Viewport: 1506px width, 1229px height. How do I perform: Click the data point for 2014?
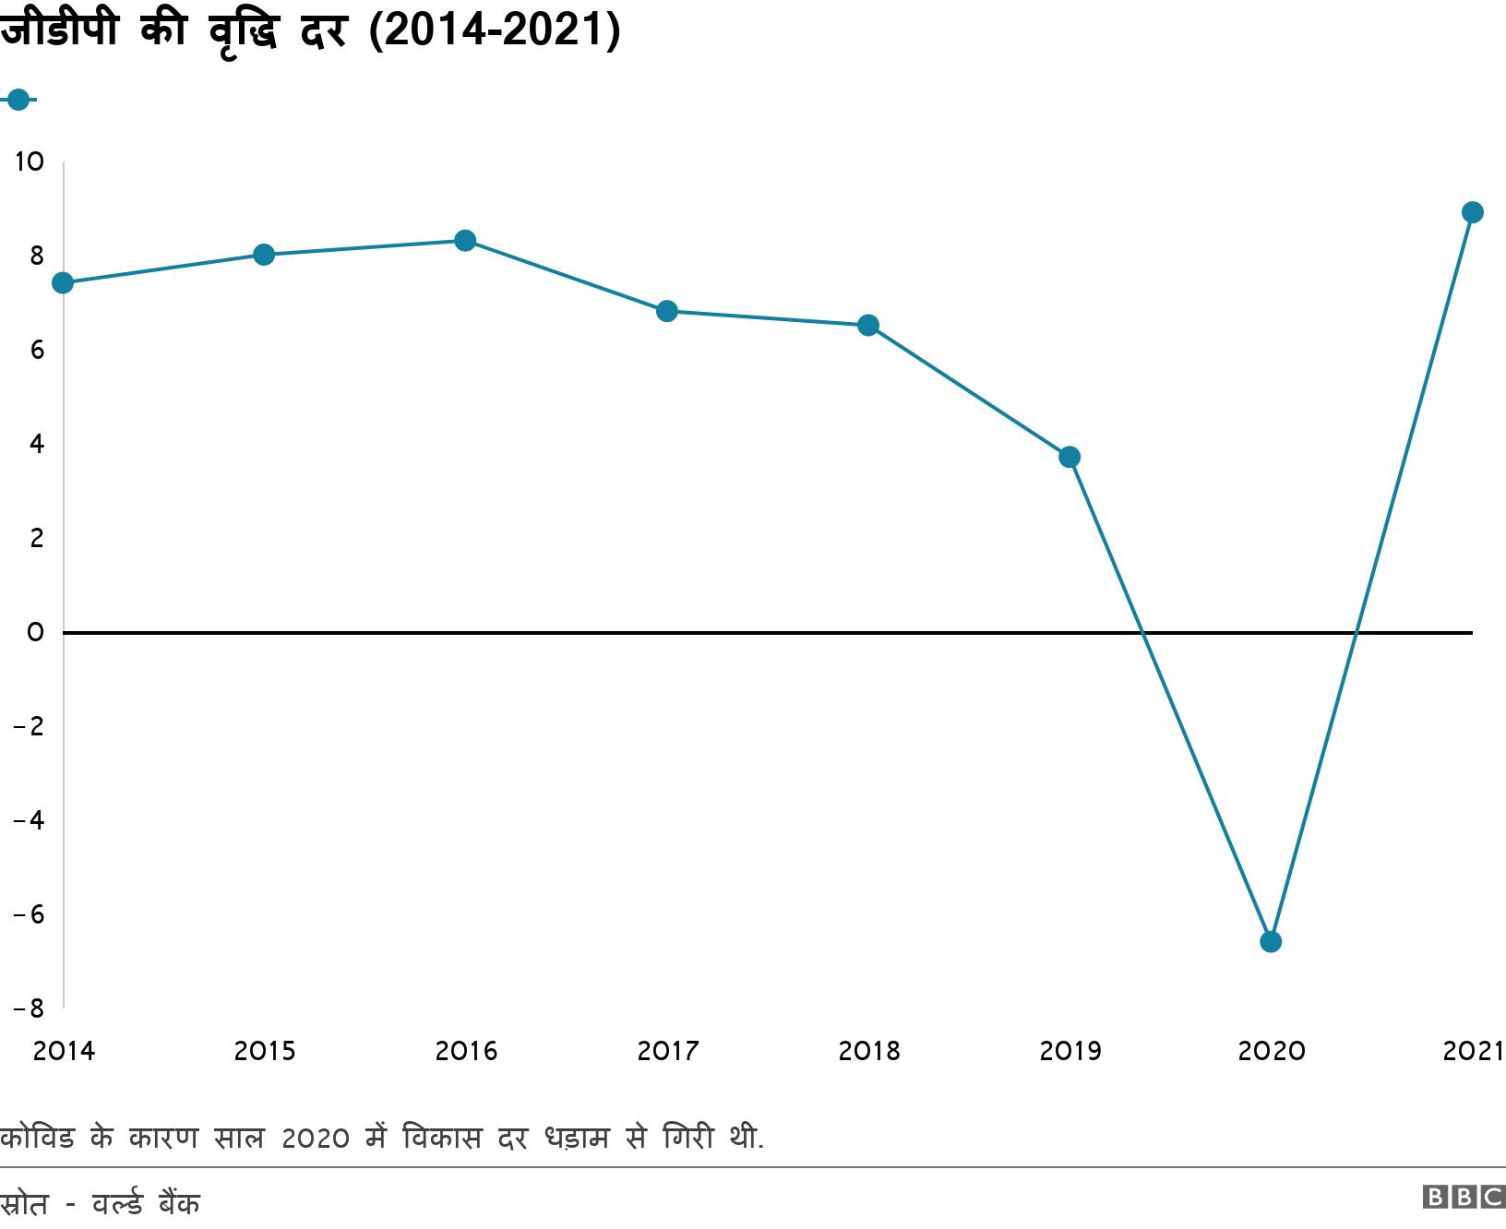[x=63, y=282]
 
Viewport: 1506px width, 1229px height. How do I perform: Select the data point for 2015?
[x=264, y=255]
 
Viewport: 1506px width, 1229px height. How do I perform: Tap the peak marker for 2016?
[x=465, y=241]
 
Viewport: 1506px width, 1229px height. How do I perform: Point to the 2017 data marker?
[x=666, y=311]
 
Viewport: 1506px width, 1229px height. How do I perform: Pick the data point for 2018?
[x=868, y=325]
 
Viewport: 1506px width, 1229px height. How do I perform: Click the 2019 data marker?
[x=1070, y=457]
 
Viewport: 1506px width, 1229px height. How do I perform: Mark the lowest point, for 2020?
[x=1271, y=941]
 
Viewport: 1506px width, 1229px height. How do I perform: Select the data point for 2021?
[x=1473, y=212]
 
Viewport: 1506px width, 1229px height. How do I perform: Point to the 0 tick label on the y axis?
[x=35, y=633]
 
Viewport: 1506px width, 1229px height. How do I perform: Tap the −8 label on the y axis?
[x=29, y=1008]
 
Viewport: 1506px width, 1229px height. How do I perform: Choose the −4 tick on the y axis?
[x=29, y=820]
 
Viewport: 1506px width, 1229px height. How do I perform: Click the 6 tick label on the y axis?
[x=36, y=351]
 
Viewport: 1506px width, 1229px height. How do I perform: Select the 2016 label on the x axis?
[x=465, y=1051]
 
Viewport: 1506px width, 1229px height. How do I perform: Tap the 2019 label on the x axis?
[x=1070, y=1051]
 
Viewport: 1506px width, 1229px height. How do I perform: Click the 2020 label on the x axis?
[x=1271, y=1051]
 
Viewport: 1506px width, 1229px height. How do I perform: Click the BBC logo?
[x=1464, y=1197]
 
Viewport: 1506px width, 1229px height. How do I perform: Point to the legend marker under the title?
[x=18, y=99]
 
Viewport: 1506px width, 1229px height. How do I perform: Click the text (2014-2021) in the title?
[x=494, y=30]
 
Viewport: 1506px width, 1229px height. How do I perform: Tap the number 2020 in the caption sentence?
[x=316, y=1139]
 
